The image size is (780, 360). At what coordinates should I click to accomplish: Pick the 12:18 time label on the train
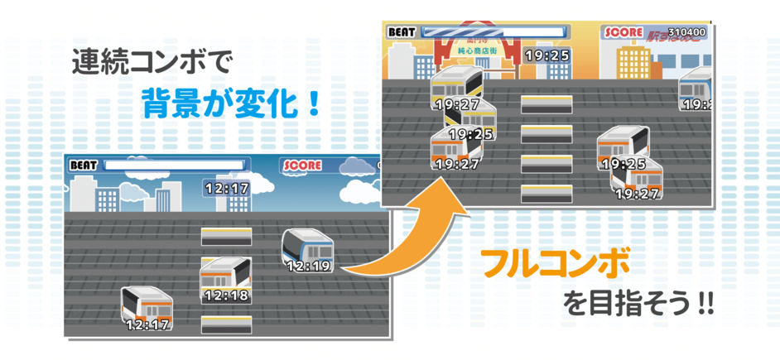coord(225,295)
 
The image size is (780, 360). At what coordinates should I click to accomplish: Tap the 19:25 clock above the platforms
coord(547,55)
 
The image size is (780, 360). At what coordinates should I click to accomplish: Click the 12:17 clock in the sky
coord(226,188)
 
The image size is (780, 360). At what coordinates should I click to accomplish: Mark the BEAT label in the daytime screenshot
coord(84,165)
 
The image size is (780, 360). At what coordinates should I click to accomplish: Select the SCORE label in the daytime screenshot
coord(302,165)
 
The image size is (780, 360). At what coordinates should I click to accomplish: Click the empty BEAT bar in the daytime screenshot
coord(175,165)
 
